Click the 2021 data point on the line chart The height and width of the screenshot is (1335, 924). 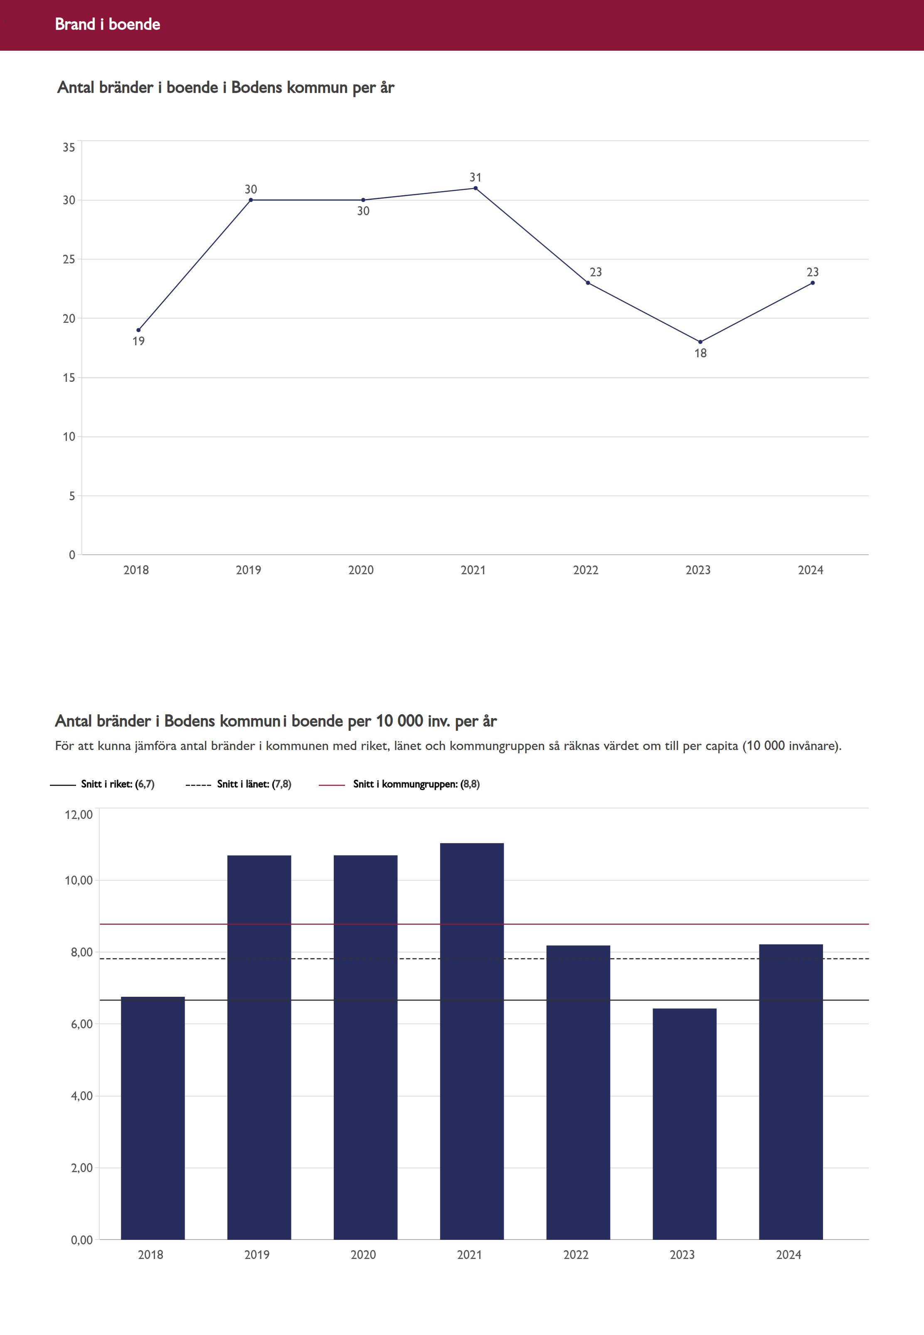pos(476,188)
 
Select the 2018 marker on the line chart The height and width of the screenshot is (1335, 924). pos(138,330)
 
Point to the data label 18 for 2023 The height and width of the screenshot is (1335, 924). pos(700,353)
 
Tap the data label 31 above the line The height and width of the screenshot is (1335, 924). pos(476,177)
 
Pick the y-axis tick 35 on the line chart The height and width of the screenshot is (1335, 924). pos(69,148)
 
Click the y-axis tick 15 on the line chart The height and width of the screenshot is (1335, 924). pos(69,378)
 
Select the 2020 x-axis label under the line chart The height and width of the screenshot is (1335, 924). pos(361,570)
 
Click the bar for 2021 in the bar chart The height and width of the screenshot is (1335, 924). pos(472,1042)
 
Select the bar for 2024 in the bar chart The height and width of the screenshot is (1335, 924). pos(791,1094)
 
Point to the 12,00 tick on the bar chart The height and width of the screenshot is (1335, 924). pos(79,815)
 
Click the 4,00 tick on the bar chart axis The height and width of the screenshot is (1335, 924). pos(81,1096)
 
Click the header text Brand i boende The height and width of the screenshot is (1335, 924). pos(108,24)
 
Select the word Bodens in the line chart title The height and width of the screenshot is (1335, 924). pos(257,87)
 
